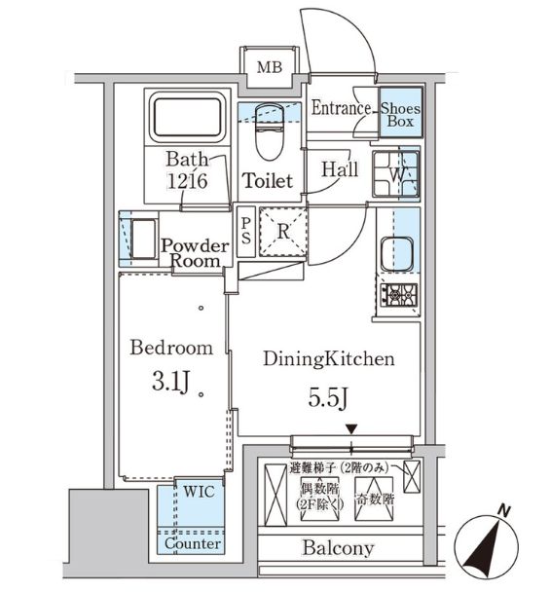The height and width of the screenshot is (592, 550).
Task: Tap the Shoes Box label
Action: pos(400,116)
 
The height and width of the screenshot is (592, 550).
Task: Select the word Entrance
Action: pos(341,109)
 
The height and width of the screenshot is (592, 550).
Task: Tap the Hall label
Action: pos(340,169)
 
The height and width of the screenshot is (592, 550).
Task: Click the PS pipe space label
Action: pos(245,230)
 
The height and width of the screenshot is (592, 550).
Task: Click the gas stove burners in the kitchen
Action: pos(398,292)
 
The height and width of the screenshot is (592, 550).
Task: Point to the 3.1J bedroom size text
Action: pos(171,379)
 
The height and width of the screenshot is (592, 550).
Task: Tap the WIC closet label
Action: pos(195,493)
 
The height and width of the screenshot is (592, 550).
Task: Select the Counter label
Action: pos(193,544)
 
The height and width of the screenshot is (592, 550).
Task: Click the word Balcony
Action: pos(337,548)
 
